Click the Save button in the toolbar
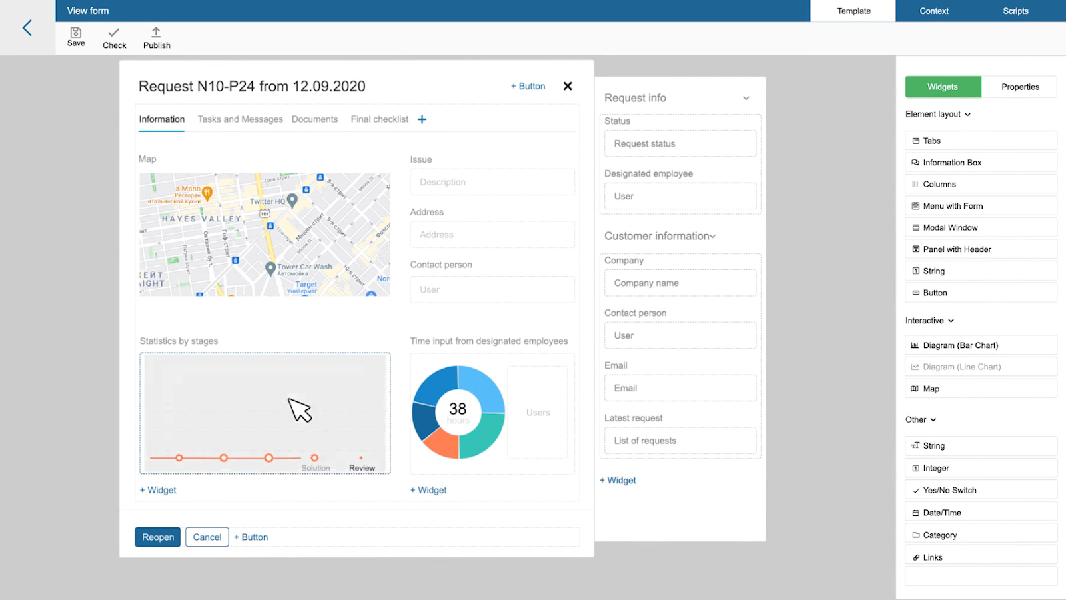tap(76, 37)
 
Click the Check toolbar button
tap(114, 38)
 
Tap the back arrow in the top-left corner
tap(27, 27)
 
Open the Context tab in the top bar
tap(934, 11)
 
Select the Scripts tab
tap(1015, 11)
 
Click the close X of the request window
tap(568, 86)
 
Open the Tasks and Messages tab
tap(240, 119)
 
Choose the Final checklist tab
tap(379, 119)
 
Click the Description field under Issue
tap(492, 182)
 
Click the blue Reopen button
tap(158, 537)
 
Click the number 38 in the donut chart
tap(458, 409)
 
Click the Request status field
tap(680, 144)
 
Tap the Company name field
tap(680, 283)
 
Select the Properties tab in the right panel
tap(1019, 87)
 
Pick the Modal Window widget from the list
tap(950, 228)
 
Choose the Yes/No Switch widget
tap(949, 491)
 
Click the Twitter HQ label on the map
tap(267, 201)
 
